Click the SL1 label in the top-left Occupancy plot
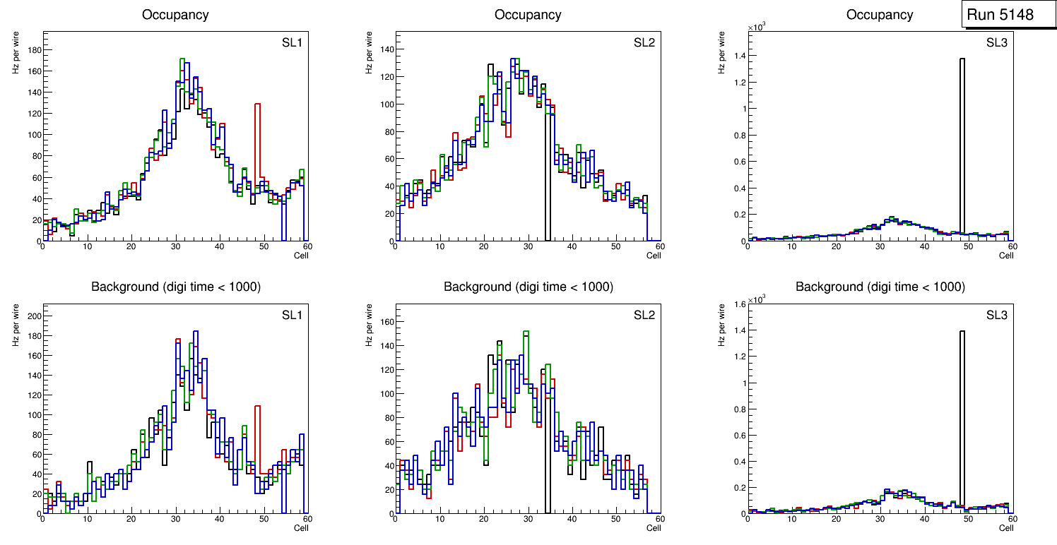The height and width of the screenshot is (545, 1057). pyautogui.click(x=292, y=43)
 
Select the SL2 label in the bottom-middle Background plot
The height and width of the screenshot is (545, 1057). pyautogui.click(x=644, y=316)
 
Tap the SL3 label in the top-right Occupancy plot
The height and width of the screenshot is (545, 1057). pyautogui.click(x=997, y=43)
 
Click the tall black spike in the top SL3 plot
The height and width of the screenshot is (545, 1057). pyautogui.click(x=962, y=141)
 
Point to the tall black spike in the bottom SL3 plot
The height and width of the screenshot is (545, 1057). pyautogui.click(x=962, y=417)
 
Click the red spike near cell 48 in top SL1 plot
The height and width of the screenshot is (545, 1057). pyautogui.click(x=258, y=141)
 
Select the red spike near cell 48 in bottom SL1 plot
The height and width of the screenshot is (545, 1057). pyautogui.click(x=258, y=438)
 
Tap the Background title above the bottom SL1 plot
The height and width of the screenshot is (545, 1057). pyautogui.click(x=175, y=287)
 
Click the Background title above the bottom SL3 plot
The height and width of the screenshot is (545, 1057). pyautogui.click(x=880, y=287)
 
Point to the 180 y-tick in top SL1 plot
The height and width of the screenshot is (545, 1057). pyautogui.click(x=33, y=49)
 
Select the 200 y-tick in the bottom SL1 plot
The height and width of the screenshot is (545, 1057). pyautogui.click(x=33, y=316)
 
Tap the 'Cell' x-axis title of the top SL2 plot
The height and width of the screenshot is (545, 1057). pyautogui.click(x=654, y=255)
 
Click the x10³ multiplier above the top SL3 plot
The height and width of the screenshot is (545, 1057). pyautogui.click(x=757, y=27)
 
